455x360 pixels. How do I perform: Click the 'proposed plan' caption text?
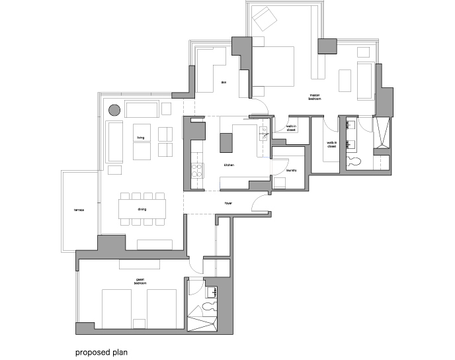100,352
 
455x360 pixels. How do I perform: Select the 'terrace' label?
78,210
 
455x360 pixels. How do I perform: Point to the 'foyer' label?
229,204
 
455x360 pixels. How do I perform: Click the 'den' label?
224,83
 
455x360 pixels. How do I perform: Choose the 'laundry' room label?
292,170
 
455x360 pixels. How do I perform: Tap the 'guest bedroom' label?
140,281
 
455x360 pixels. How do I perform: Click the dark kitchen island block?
227,142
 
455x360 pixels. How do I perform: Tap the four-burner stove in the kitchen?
196,170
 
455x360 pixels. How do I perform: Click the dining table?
141,209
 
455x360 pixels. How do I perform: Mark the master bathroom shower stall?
382,135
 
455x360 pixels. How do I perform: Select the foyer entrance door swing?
261,204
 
